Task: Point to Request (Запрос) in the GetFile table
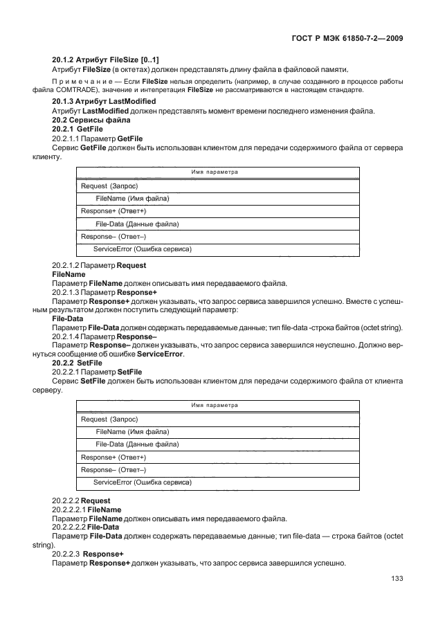pyautogui.click(x=109, y=186)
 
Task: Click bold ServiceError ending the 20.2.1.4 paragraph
pyautogui.click(x=160, y=354)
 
